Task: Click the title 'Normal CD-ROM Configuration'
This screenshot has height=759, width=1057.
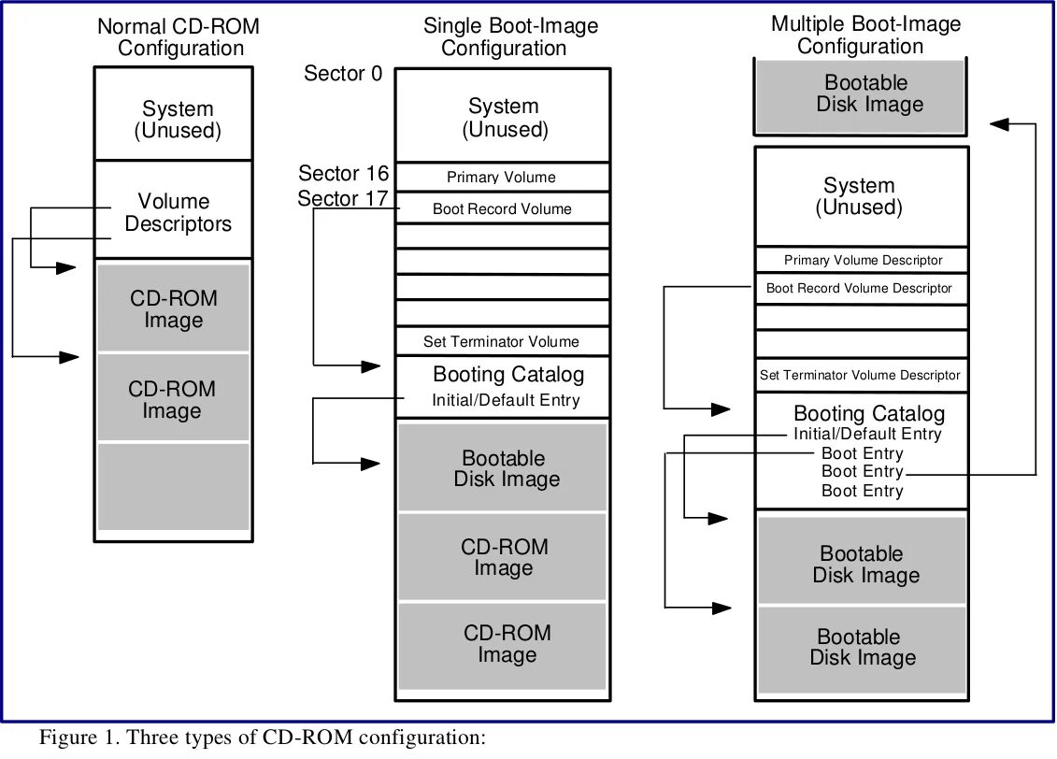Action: click(178, 37)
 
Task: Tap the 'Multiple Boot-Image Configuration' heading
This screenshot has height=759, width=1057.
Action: click(865, 35)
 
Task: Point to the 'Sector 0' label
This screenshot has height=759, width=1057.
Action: click(343, 74)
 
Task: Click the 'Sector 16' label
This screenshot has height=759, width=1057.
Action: click(343, 174)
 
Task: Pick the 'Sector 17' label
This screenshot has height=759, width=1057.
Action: click(343, 199)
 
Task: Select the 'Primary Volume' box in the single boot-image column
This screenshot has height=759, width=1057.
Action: click(502, 178)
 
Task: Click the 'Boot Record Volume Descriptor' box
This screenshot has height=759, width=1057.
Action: click(859, 289)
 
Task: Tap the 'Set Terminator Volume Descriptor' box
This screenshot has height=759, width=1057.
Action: click(859, 376)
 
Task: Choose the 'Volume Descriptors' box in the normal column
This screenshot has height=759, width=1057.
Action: click(175, 212)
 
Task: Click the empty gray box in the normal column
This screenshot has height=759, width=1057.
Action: click(174, 487)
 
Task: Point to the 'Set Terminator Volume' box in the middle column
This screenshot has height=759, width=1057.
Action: click(502, 342)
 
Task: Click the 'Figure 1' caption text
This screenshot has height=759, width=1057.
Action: click(262, 738)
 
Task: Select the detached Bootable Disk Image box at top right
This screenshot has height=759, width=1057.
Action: click(860, 95)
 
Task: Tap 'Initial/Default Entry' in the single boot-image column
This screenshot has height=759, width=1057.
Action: click(506, 401)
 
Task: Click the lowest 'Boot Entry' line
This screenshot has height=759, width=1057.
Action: click(862, 492)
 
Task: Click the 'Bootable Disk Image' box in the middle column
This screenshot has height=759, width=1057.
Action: click(504, 469)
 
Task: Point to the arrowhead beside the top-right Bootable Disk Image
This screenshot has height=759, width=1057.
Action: click(1001, 123)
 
